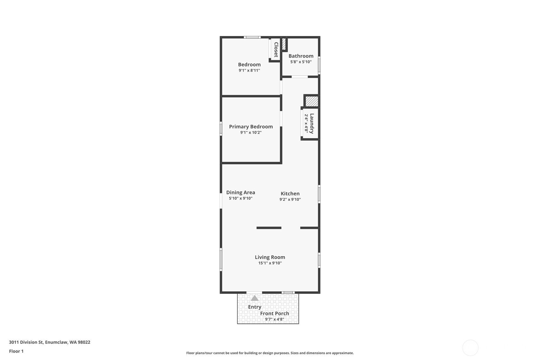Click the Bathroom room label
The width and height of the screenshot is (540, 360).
pos(301,56)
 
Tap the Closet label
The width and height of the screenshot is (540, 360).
pos(276,49)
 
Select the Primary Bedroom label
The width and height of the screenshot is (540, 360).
pos(251,127)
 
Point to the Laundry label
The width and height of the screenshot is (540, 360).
pos(312,124)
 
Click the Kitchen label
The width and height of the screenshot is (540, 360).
pos(290,194)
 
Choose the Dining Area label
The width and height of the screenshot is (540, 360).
pos(241,193)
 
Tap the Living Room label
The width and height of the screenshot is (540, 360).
pos(270,257)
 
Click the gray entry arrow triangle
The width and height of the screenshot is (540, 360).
pos(255,298)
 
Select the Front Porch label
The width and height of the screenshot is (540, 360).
pos(275,314)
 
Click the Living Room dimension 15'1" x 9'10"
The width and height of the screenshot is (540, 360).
pos(270,263)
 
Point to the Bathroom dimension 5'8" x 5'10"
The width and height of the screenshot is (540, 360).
pos(301,62)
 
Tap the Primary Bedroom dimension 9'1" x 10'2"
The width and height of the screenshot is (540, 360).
pos(251,132)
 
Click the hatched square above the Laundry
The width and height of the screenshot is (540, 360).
pos(312,101)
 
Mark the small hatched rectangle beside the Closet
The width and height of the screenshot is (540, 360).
pos(284,44)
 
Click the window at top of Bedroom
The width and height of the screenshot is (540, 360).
pos(252,37)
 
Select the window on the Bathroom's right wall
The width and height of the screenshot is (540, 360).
pos(319,65)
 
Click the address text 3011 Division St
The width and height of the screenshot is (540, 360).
pos(26,342)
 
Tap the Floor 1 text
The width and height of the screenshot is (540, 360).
pos(17,351)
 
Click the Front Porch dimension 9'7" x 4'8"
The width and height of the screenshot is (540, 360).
pos(275,319)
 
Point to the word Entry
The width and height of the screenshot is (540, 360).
pos(255,307)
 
